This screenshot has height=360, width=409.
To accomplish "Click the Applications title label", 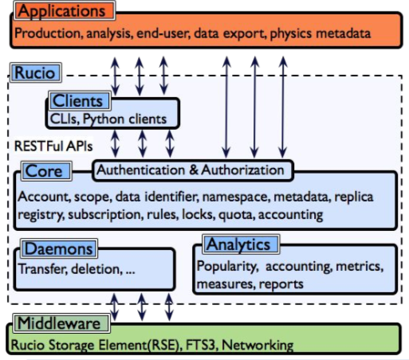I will click(x=65, y=12).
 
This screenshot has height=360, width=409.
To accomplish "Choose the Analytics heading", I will click(x=238, y=244).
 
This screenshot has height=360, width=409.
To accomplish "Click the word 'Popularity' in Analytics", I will click(x=226, y=266).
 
